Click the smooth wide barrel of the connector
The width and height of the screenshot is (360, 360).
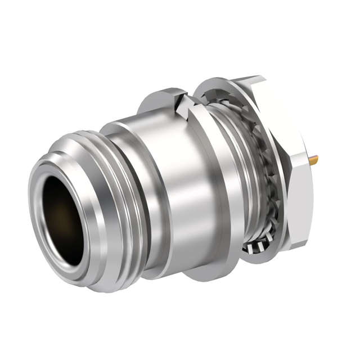[169, 186]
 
